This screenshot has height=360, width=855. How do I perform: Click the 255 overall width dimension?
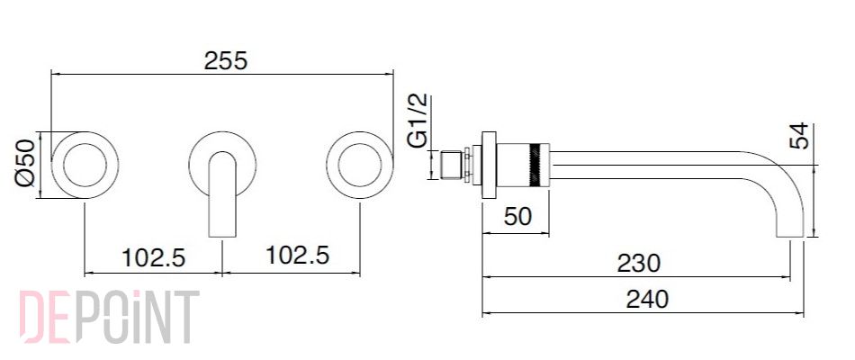click(x=226, y=60)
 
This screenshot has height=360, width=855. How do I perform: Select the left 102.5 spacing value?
click(x=153, y=256)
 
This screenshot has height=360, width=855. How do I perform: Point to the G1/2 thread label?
click(x=418, y=121)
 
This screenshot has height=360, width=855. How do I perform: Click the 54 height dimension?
click(x=798, y=136)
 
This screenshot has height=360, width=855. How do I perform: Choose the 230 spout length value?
click(x=638, y=264)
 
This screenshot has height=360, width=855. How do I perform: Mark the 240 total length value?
click(x=647, y=300)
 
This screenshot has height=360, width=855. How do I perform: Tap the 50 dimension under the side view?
click(x=517, y=217)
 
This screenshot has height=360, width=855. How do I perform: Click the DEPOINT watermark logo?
click(x=110, y=317)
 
